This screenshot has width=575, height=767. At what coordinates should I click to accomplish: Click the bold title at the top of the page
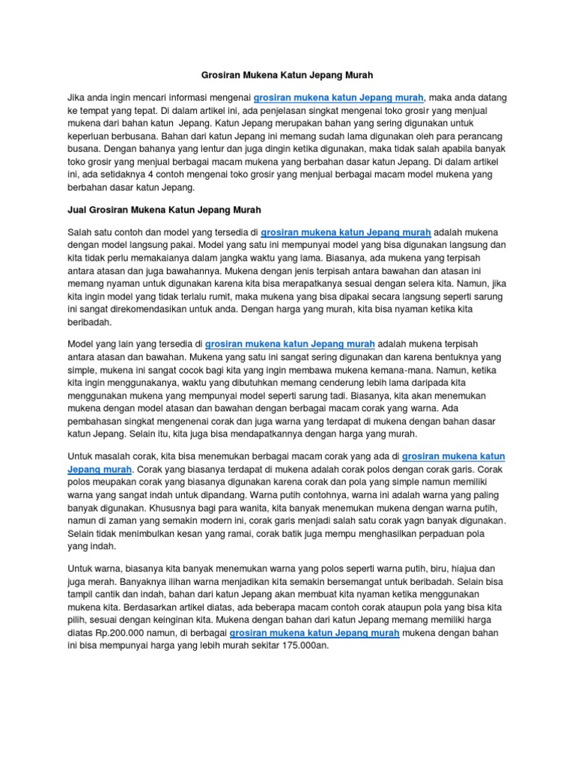coord(287,76)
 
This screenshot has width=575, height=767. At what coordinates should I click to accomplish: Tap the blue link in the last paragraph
coord(314,633)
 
